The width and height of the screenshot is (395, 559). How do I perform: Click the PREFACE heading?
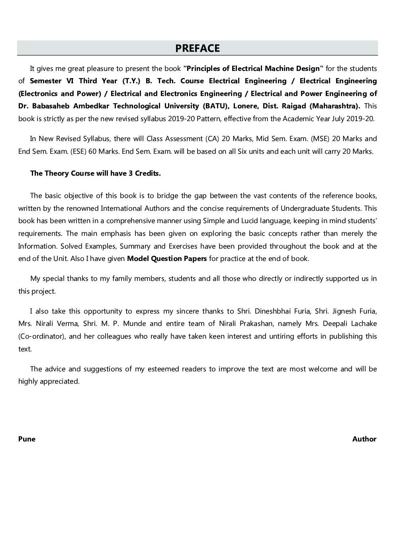pyautogui.click(x=197, y=48)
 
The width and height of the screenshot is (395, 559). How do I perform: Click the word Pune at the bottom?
pyautogui.click(x=27, y=439)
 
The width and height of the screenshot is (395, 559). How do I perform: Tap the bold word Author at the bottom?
pyautogui.click(x=364, y=439)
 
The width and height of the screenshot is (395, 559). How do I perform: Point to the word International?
pyautogui.click(x=124, y=208)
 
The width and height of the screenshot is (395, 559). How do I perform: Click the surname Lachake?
pyautogui.click(x=362, y=324)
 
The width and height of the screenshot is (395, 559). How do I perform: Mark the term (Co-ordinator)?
pyautogui.click(x=41, y=336)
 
